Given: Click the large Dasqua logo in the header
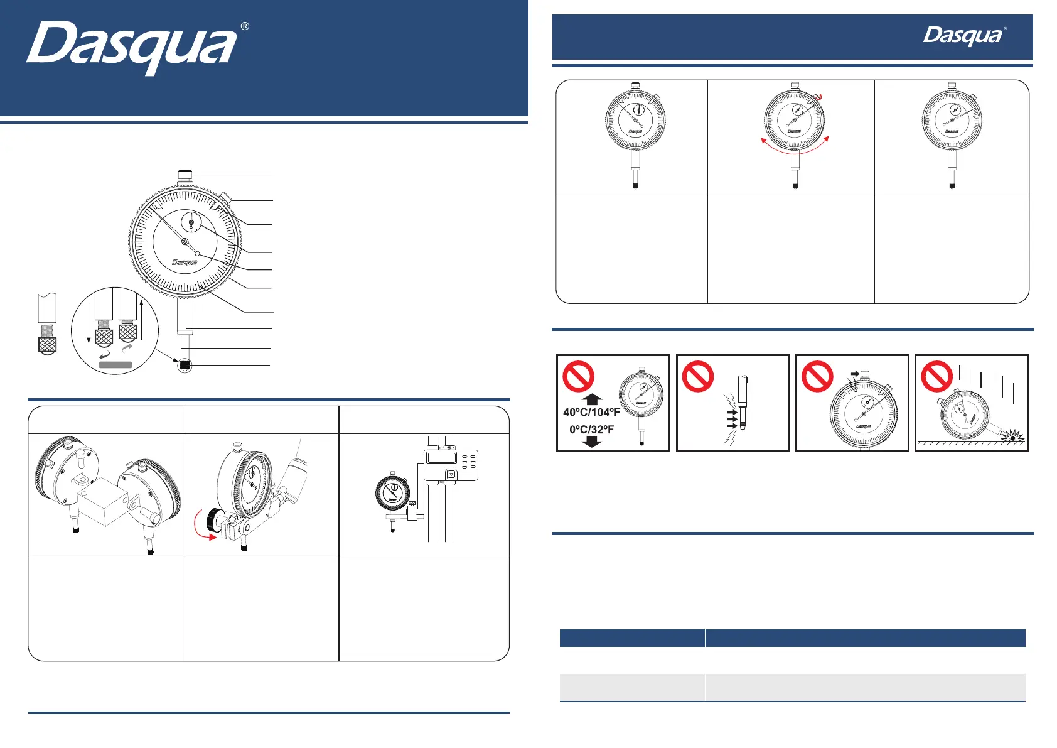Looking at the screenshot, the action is pos(132,46).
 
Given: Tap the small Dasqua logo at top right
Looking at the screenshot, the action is pos(963,36).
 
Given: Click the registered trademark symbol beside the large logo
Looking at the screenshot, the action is pos(245,26).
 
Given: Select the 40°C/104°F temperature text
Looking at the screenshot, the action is pos(591,413).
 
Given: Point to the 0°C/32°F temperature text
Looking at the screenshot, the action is pos(591,430).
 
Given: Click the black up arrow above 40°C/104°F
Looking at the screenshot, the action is pos(592,399).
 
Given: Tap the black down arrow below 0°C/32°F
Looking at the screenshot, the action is pos(592,442).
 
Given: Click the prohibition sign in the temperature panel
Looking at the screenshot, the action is pos(578,376).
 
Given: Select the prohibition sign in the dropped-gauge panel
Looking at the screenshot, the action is pos(936,376).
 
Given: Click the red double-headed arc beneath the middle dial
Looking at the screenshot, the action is pos(795,148).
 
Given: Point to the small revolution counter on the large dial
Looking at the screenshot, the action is pos(191,222).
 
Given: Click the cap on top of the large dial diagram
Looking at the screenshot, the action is pos(185,175).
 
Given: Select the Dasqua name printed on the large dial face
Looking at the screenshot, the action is pos(185,263).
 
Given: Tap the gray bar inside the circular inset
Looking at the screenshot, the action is pos(115,365).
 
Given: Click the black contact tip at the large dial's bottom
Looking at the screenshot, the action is pos(185,365).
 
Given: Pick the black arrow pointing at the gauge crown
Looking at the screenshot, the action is pos(854,374).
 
